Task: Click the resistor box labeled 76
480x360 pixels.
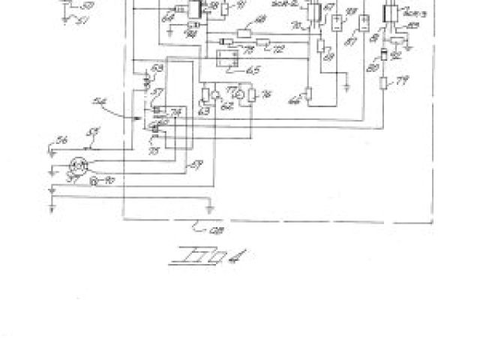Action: coord(252,95)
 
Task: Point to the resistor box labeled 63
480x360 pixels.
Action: coord(205,95)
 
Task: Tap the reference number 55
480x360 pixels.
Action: coord(94,133)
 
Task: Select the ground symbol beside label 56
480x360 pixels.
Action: coord(50,150)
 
